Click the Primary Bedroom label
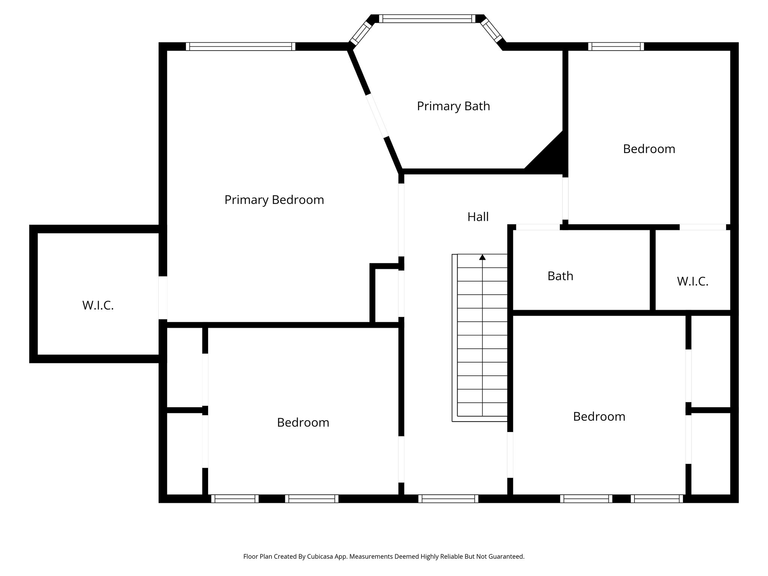click(x=274, y=200)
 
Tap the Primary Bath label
click(x=453, y=106)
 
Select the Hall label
click(x=478, y=217)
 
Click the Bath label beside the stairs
click(x=560, y=276)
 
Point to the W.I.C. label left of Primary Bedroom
click(x=98, y=305)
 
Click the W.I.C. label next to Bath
click(x=692, y=281)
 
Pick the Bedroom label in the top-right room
click(x=649, y=149)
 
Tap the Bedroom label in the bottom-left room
click(x=303, y=423)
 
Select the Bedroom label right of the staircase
click(x=599, y=417)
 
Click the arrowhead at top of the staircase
click(x=482, y=257)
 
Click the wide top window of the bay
click(x=427, y=19)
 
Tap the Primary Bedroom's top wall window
click(x=240, y=46)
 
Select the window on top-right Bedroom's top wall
click(x=616, y=46)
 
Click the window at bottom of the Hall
click(x=448, y=498)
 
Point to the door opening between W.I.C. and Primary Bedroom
click(x=163, y=298)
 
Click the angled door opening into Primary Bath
click(x=377, y=115)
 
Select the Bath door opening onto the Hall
click(x=538, y=227)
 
